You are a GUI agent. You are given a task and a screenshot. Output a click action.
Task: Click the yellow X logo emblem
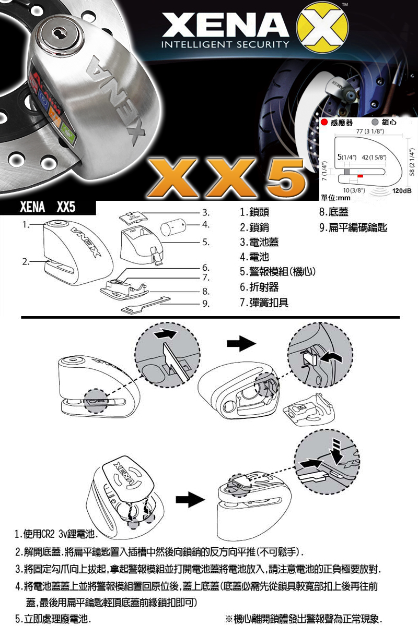click(x=322, y=29)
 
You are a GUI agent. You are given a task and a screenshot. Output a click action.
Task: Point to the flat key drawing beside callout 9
click(x=146, y=304)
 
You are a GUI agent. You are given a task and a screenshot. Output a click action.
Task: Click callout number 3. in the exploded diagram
click(x=206, y=213)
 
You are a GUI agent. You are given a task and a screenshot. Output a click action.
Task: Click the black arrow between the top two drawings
click(x=241, y=343)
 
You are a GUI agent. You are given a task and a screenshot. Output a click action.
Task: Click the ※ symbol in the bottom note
click(x=228, y=618)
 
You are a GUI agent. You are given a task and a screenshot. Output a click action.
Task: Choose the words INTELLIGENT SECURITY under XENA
click(x=225, y=44)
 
